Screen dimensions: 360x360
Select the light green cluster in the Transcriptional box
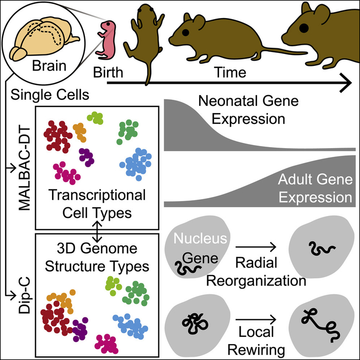(x=96, y=117)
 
